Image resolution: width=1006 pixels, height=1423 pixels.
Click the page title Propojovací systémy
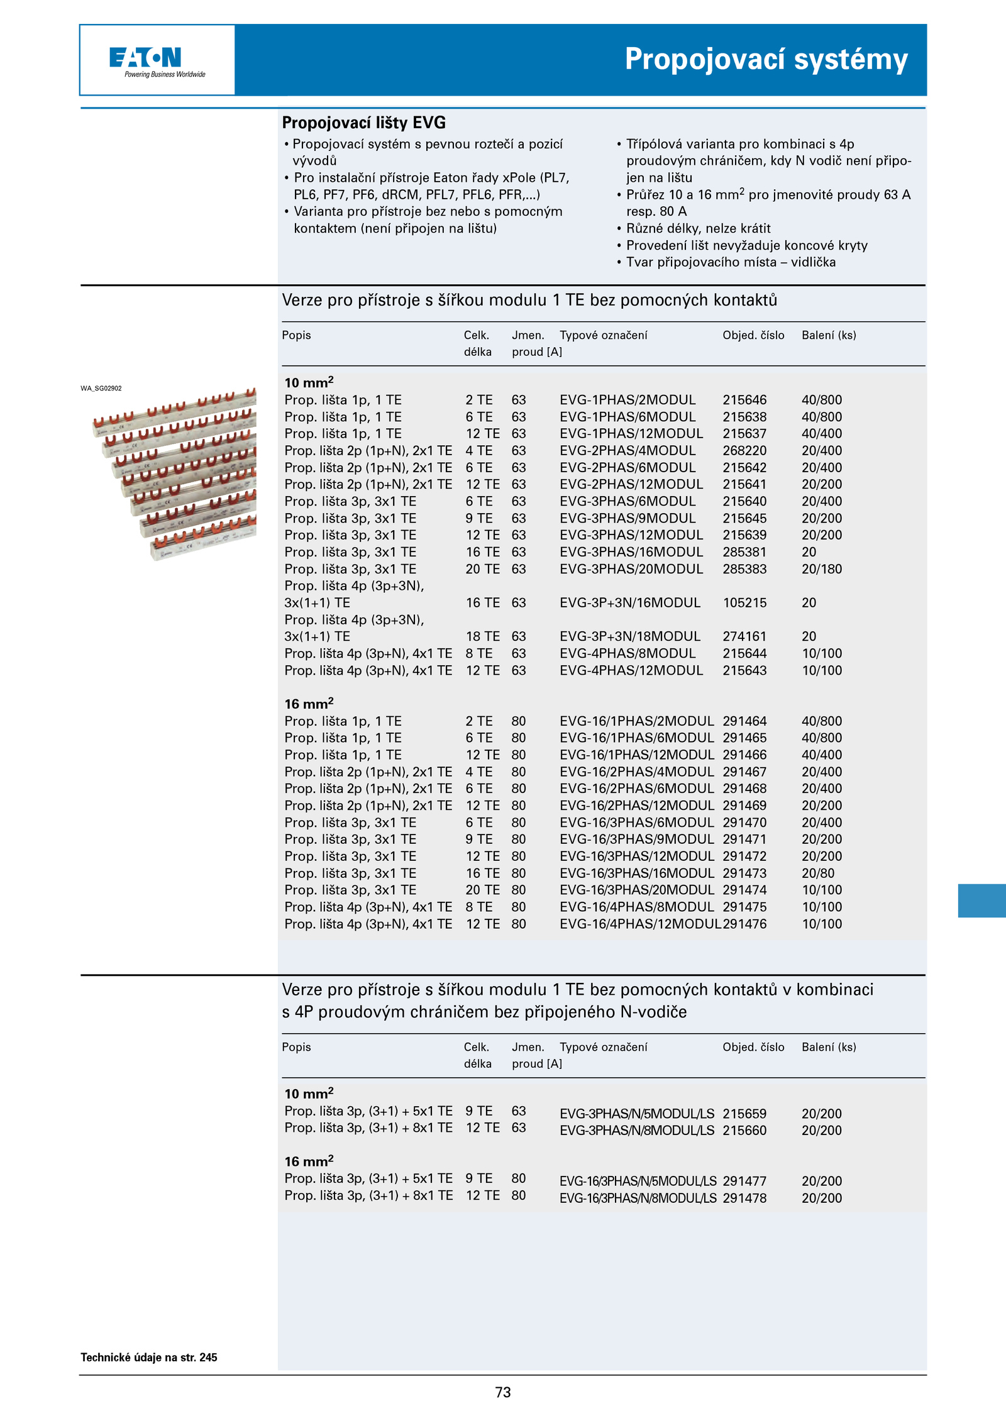[x=766, y=60]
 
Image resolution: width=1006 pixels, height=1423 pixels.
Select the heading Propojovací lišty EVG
[x=363, y=123]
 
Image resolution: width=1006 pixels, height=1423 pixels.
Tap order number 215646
[x=744, y=400]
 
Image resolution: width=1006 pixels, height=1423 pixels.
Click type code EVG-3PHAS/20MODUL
[x=631, y=569]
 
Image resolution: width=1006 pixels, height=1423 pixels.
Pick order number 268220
[x=744, y=451]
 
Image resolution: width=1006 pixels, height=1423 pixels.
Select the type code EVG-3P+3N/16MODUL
[x=630, y=602]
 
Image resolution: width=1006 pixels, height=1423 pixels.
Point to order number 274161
[x=744, y=636]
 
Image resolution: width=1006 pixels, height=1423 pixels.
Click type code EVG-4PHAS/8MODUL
[x=627, y=653]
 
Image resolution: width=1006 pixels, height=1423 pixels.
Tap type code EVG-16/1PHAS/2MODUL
[x=636, y=721]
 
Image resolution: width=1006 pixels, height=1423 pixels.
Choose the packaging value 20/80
[x=818, y=873]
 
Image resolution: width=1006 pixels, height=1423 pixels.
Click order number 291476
[x=745, y=924]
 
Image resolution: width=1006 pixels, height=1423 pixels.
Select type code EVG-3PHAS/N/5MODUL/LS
[x=637, y=1114]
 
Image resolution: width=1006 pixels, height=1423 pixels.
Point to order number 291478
[x=744, y=1198]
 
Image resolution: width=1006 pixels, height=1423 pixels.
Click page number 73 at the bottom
[x=503, y=1392]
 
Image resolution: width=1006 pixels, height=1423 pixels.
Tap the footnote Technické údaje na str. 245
[x=149, y=1357]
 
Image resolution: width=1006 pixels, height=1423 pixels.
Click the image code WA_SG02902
[x=101, y=389]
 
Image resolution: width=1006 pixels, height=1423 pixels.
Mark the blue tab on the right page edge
[x=981, y=900]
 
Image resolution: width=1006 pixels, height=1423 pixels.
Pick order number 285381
[x=744, y=552]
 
